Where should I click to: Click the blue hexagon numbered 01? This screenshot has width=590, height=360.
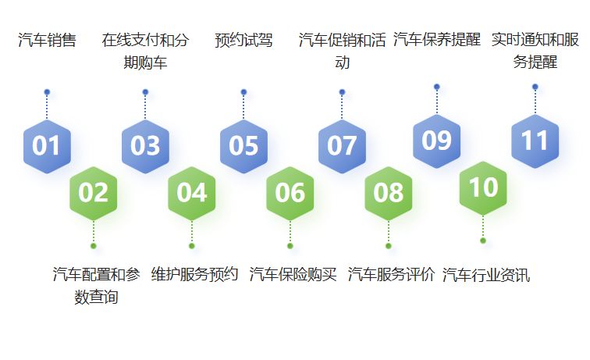tap(47, 146)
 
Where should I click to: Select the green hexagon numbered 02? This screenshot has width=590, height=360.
tap(94, 192)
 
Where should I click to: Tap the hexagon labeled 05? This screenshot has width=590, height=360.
tap(243, 146)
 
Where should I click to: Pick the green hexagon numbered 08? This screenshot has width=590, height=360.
tap(389, 192)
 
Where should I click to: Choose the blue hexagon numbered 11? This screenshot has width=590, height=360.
tap(535, 141)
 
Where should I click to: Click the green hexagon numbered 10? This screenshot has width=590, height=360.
tap(483, 187)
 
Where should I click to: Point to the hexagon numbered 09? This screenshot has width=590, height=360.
tap(436, 141)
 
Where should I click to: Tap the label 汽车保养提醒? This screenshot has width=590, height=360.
tap(436, 40)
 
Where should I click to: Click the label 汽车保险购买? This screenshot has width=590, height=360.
tap(293, 275)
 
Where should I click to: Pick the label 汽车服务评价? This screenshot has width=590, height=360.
tap(391, 275)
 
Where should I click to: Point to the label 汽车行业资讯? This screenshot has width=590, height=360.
tap(485, 275)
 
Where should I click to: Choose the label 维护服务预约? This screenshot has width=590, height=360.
tap(194, 275)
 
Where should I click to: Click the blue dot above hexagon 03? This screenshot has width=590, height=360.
tap(145, 92)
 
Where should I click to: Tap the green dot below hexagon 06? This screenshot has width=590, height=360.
tap(290, 246)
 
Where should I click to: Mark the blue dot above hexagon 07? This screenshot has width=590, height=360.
tap(342, 92)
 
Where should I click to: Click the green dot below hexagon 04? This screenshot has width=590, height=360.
tap(192, 246)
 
